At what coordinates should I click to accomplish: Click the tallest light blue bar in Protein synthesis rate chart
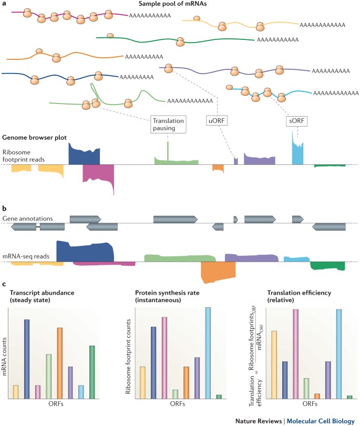pos(208,353)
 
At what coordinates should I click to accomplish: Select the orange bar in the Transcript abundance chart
pos(60,363)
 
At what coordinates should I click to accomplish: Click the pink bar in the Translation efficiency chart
pos(295,354)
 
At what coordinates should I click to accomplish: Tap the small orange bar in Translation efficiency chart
pos(317,396)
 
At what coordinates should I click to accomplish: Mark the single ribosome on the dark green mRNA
pos(110,36)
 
